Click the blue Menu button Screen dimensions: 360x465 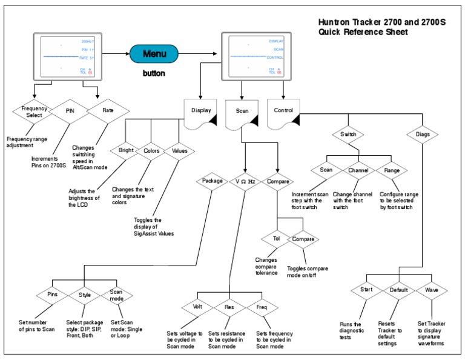(154, 54)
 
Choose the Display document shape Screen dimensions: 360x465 (201, 112)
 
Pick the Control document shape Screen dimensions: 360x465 (284, 112)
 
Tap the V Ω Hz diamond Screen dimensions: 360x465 (245, 180)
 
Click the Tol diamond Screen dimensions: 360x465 (276, 239)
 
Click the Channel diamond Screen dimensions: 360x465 (358, 171)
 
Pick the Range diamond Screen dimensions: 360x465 (391, 171)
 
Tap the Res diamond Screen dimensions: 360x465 (229, 307)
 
